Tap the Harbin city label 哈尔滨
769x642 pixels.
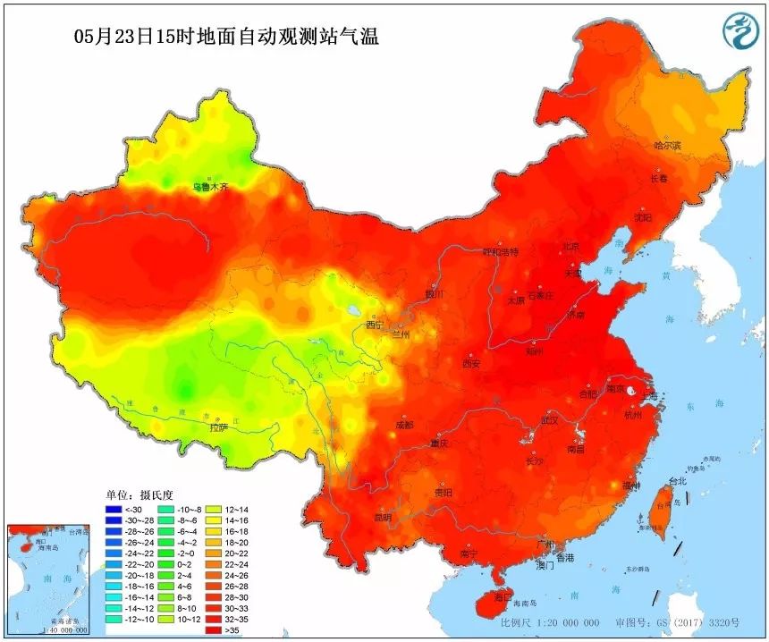pyautogui.click(x=667, y=145)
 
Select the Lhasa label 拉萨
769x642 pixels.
pyautogui.click(x=219, y=427)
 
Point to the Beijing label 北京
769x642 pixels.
pyautogui.click(x=571, y=246)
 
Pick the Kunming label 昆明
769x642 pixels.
pyautogui.click(x=383, y=516)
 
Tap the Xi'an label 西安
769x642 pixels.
pyautogui.click(x=471, y=364)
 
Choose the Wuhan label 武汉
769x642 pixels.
pyautogui.click(x=550, y=419)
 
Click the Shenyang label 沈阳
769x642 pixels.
pyautogui.click(x=642, y=217)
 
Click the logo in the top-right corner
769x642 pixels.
pyautogui.click(x=740, y=32)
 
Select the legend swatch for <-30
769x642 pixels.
pyautogui.click(x=113, y=511)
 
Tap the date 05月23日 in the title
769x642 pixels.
pyautogui.click(x=111, y=38)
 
